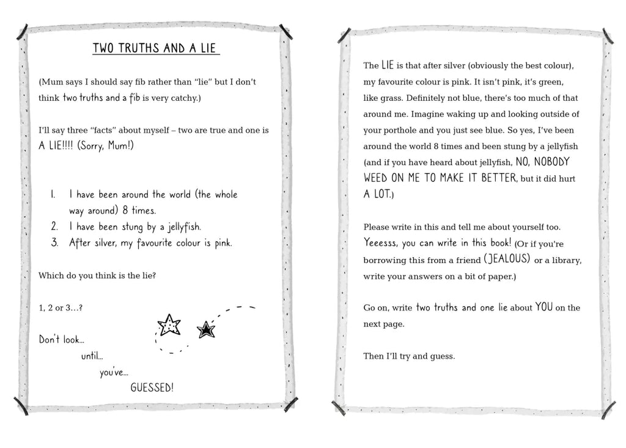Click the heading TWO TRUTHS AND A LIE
pos(155,48)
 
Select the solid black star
pos(206,330)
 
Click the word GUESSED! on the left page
pos(152,387)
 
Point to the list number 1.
pos(53,194)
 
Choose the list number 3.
pos(54,243)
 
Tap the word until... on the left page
pos(92,356)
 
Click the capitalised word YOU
pos(544,307)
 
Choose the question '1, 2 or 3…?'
pos(61,307)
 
